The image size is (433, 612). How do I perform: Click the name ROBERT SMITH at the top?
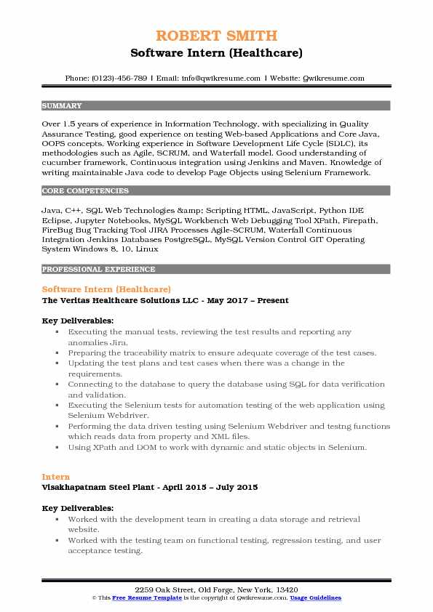coord(216,36)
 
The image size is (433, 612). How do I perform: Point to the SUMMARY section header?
coord(62,106)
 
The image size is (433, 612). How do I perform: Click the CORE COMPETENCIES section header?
coord(85,191)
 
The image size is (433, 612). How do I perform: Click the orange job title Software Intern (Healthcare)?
coord(106,289)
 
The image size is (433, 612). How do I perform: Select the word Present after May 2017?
coord(270,300)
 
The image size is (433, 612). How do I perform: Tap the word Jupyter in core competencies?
coord(81,219)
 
